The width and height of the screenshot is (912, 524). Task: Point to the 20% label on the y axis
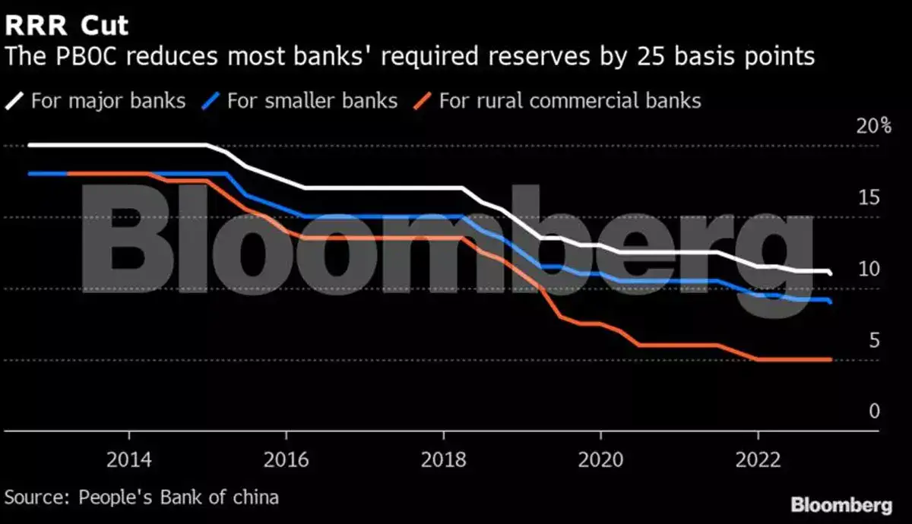point(873,127)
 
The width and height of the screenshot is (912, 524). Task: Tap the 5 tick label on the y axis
point(874,341)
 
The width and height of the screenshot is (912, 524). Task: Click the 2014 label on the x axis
point(129,460)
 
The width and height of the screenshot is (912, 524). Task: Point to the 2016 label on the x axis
point(286,460)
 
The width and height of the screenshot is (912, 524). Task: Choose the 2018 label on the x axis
point(443,460)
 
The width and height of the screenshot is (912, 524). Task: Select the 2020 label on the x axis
point(600,460)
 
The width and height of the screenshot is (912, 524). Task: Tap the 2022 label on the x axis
point(758,460)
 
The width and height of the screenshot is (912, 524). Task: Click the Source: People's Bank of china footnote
point(142,497)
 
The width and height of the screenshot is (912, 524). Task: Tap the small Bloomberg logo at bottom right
point(841,505)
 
